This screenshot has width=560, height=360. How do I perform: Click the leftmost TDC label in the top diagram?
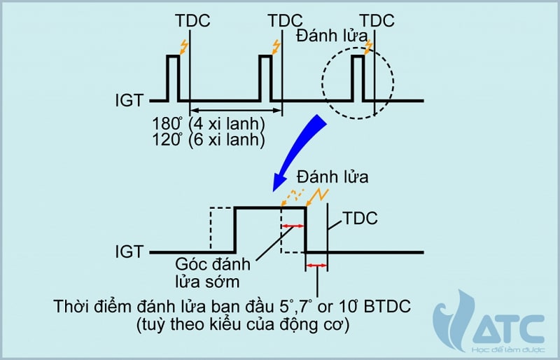tap(192, 21)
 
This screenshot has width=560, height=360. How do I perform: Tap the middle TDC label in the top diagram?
tap(284, 21)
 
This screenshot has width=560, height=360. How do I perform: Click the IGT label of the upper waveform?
tap(129, 101)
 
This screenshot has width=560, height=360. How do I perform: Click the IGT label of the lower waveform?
tap(129, 251)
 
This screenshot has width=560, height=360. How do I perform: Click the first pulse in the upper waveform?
tap(173, 77)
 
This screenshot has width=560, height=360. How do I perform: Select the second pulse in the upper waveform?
tap(265, 77)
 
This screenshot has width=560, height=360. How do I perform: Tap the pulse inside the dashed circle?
tap(358, 77)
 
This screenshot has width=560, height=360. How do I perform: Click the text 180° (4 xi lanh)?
tap(209, 124)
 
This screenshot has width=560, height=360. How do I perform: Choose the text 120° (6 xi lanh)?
tap(209, 139)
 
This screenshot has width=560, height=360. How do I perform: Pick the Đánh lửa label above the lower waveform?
tap(332, 177)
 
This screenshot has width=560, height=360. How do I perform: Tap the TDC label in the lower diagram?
tap(360, 219)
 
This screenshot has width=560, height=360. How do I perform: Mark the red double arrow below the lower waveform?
tap(316, 265)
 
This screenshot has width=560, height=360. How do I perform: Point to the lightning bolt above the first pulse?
tap(183, 47)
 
